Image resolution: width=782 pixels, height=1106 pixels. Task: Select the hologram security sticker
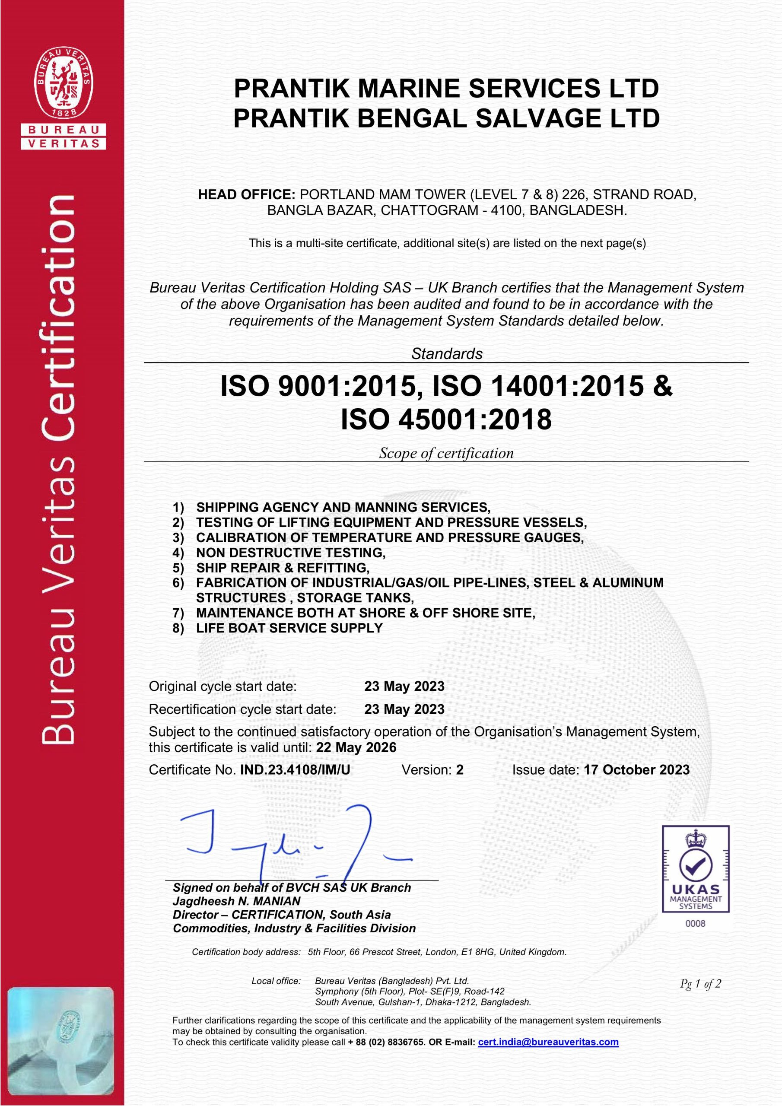click(x=61, y=1041)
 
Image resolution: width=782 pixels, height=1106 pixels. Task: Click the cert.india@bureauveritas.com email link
click(x=548, y=1042)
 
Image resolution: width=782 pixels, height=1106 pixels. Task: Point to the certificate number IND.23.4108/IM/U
click(x=295, y=770)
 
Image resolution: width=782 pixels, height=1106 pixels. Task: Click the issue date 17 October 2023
click(x=636, y=770)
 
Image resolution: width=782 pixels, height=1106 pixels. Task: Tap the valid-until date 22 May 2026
click(x=356, y=747)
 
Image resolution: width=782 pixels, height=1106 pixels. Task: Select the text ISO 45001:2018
click(x=446, y=419)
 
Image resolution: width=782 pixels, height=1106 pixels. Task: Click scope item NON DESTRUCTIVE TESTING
click(x=290, y=553)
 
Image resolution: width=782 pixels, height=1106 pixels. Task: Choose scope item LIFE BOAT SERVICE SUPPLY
click(x=289, y=628)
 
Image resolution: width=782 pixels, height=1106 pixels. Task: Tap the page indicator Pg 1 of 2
click(x=700, y=984)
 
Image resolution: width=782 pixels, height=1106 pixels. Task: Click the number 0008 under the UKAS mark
click(x=695, y=923)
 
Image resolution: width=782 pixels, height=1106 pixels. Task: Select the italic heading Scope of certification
click(x=446, y=453)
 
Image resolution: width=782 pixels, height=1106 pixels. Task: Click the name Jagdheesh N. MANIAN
click(x=237, y=901)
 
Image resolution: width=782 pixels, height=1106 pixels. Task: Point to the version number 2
click(x=460, y=770)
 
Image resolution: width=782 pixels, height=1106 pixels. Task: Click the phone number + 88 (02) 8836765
click(x=386, y=1042)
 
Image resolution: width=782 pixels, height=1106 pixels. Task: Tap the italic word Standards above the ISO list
click(x=447, y=353)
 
